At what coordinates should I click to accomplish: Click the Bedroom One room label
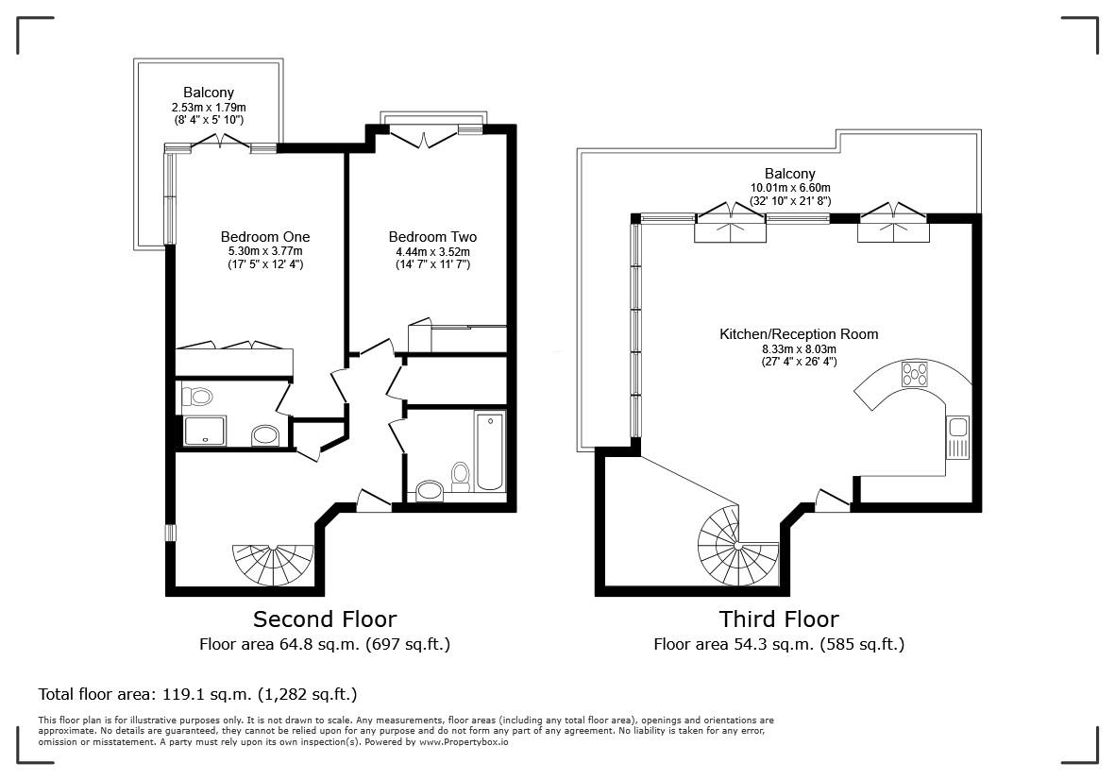[264, 237]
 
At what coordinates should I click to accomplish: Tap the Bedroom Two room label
[432, 237]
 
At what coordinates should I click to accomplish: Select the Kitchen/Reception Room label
[799, 334]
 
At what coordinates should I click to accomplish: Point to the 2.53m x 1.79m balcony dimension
[208, 108]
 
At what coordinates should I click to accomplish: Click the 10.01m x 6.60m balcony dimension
[789, 188]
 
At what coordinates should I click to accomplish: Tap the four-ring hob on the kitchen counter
[915, 374]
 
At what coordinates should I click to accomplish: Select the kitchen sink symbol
[957, 437]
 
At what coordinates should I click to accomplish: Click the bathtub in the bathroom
[490, 450]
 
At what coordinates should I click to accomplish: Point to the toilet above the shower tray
[197, 396]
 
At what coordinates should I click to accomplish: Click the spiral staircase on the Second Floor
[273, 564]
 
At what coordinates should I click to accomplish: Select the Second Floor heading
[325, 619]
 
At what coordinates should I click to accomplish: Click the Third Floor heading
[779, 619]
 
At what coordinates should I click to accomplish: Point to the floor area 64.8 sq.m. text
[325, 645]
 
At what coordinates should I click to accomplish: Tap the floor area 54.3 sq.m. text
[779, 645]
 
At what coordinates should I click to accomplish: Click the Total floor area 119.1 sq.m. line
[197, 694]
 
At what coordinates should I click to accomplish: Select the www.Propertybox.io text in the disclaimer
[464, 742]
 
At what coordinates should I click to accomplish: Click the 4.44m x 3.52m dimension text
[432, 252]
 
